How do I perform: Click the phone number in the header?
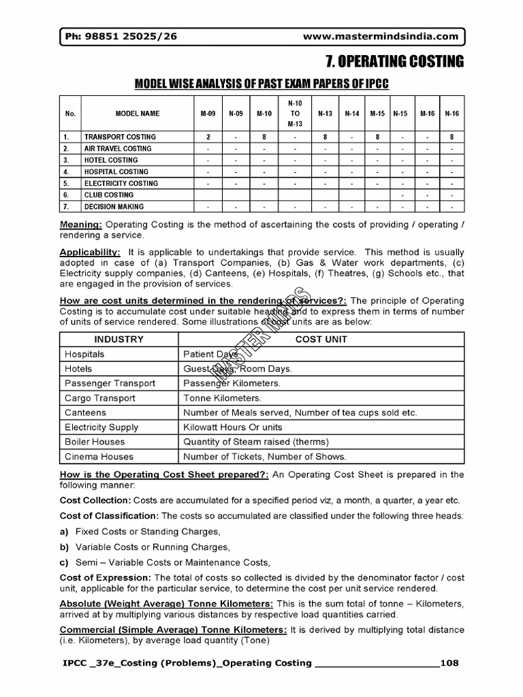tap(122, 37)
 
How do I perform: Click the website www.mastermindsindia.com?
tap(379, 37)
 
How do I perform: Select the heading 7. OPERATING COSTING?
tap(394, 63)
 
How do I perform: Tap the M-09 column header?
tap(208, 114)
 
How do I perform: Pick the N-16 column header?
tap(451, 114)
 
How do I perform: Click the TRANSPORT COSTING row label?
tap(120, 137)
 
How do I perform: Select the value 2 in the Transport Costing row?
tap(208, 137)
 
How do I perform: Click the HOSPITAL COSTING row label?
tap(116, 172)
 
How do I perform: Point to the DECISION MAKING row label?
tap(114, 206)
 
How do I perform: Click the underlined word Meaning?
tap(81, 225)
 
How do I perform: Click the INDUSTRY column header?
tap(118, 339)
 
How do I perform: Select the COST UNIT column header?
tap(321, 339)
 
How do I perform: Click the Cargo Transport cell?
tap(99, 398)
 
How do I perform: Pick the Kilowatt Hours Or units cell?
tap(233, 427)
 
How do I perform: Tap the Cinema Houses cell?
tap(99, 457)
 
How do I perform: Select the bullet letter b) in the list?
tap(65, 547)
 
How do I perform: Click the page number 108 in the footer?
tap(450, 662)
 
